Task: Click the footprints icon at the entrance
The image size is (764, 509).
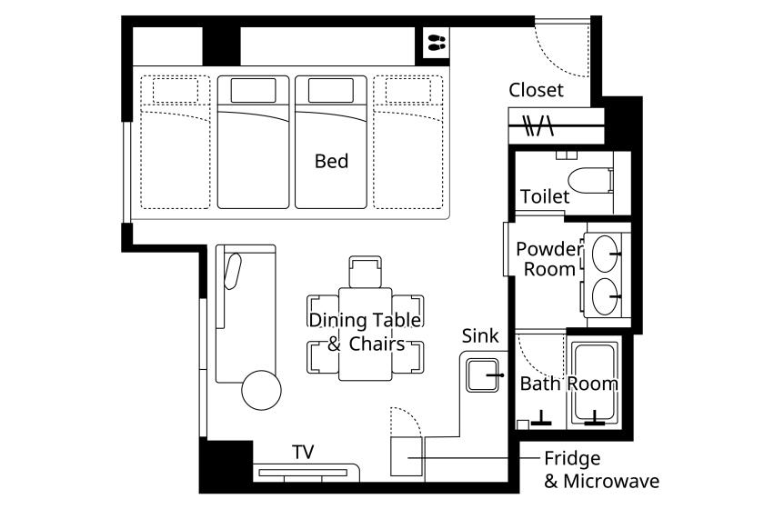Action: (437, 42)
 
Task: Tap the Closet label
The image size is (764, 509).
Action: (536, 90)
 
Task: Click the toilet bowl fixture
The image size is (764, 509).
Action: (590, 181)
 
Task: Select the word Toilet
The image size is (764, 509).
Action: (545, 196)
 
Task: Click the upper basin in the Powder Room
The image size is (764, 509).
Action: (605, 254)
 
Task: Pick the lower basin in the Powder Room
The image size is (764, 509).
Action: (605, 295)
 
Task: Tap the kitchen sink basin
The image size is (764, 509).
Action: (482, 375)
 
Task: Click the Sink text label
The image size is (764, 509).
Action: (480, 336)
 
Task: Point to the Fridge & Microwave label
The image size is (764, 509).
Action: (601, 470)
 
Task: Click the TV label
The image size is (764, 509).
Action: (303, 452)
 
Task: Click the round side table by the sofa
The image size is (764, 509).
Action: (262, 390)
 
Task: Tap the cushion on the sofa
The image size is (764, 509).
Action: (233, 271)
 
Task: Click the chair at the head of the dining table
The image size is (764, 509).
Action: (365, 272)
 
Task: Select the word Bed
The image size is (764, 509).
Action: (331, 161)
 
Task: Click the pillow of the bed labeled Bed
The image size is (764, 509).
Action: (331, 90)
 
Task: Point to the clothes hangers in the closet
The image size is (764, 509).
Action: (538, 125)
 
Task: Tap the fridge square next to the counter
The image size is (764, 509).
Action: (407, 456)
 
